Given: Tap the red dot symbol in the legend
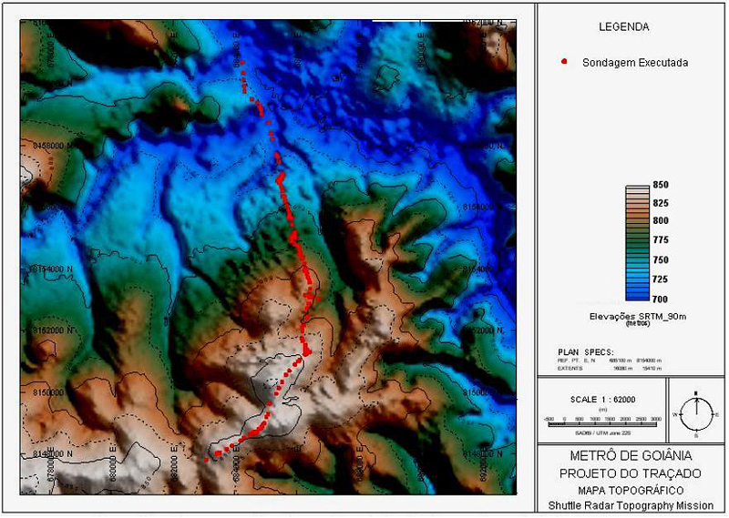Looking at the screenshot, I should (x=565, y=62).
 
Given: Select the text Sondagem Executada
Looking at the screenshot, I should (x=634, y=63).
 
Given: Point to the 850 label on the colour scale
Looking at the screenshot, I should (x=661, y=185).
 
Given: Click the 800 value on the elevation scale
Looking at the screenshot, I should (x=661, y=221).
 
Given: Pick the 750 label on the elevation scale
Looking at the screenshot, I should (x=661, y=259).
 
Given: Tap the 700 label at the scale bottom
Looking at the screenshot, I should (x=661, y=298).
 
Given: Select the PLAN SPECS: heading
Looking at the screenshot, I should (x=586, y=350).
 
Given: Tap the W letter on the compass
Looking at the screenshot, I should (x=677, y=414).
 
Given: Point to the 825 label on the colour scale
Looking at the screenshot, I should (x=661, y=203).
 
